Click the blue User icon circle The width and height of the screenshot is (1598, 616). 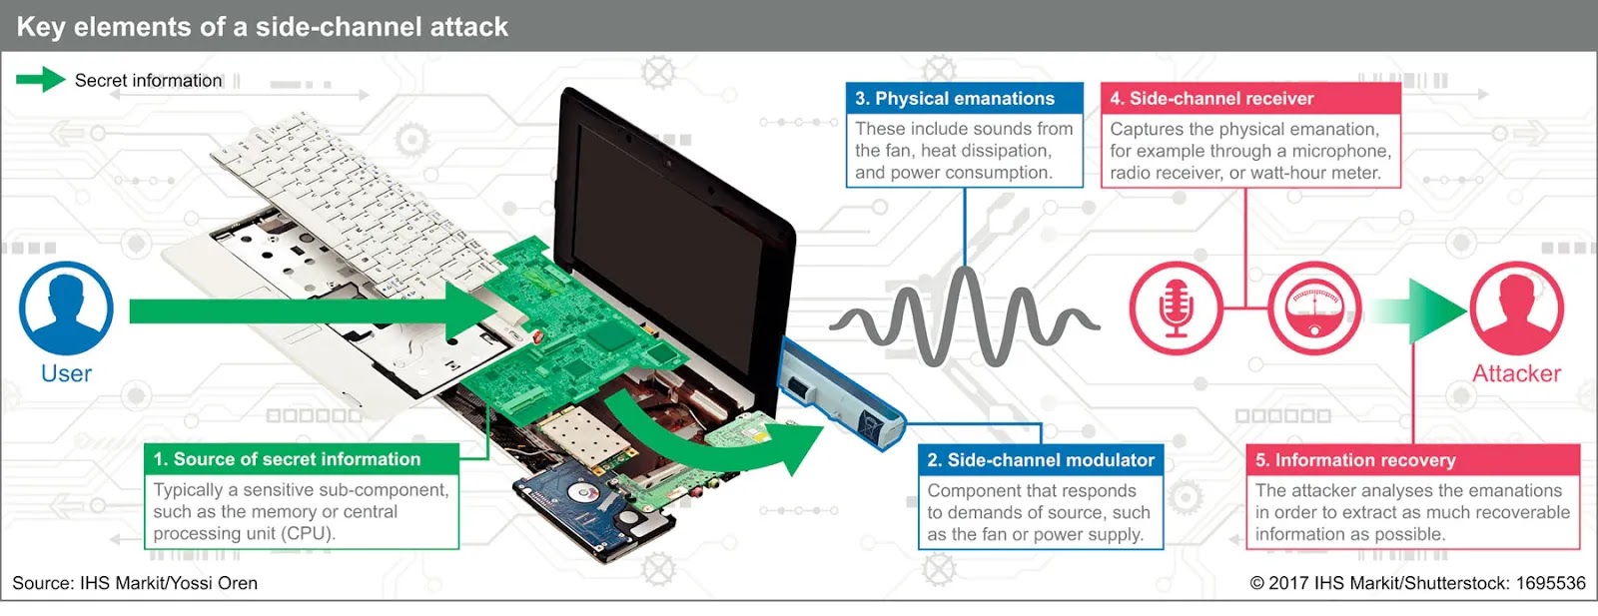(x=66, y=308)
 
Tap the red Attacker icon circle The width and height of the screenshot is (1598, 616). (x=1516, y=308)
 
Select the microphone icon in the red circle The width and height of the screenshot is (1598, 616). (x=1177, y=308)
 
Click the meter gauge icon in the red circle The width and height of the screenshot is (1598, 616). (x=1314, y=308)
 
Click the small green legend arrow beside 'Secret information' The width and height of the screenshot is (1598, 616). (x=40, y=80)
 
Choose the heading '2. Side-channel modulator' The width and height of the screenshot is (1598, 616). (x=1040, y=460)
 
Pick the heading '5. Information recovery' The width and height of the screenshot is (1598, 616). (x=1354, y=460)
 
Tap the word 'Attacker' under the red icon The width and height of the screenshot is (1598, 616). (x=1516, y=373)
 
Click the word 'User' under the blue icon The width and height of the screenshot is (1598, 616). (x=66, y=373)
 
